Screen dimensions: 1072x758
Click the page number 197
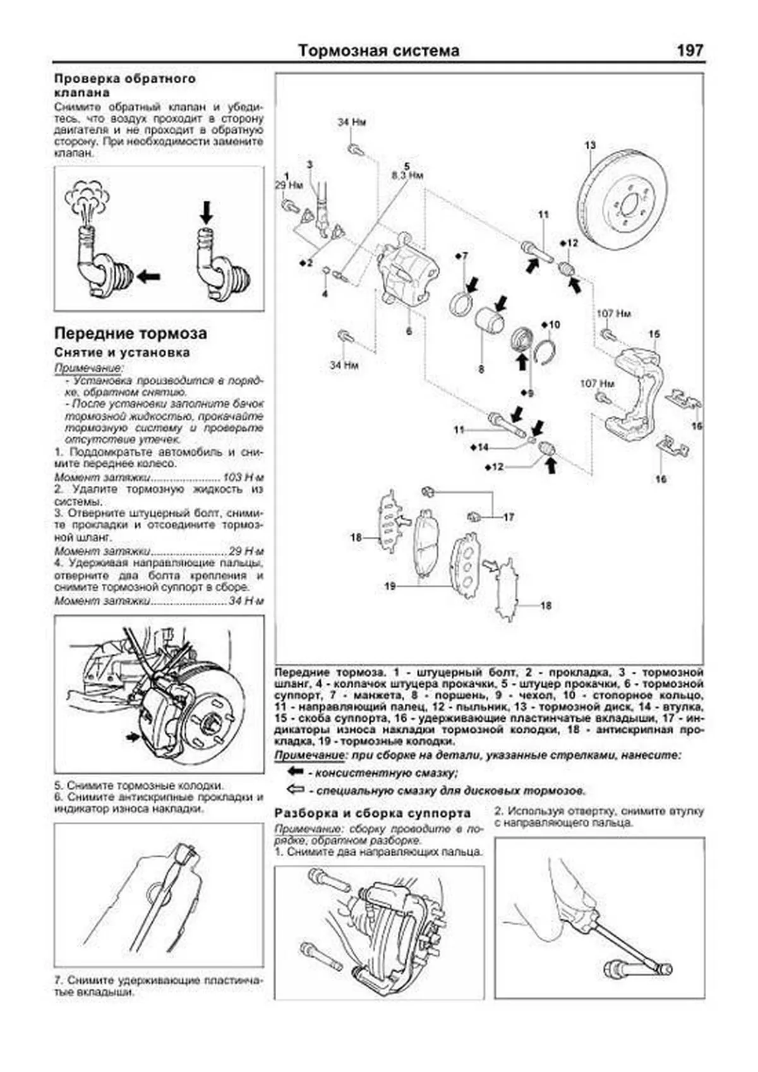point(689,51)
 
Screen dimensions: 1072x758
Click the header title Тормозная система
point(378,51)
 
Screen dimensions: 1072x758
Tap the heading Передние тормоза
point(130,333)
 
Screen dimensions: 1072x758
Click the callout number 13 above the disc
point(589,146)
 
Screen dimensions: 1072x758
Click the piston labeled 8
point(489,322)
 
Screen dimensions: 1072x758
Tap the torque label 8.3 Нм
point(407,176)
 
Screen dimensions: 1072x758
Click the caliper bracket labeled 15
point(635,392)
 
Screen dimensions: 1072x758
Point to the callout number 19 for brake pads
point(390,586)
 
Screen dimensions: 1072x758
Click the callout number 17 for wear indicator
point(509,517)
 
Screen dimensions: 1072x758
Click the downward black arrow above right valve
point(205,213)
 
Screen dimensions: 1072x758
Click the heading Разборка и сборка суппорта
point(373,813)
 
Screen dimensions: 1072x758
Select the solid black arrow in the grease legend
point(295,771)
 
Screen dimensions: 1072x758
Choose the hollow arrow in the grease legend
point(295,789)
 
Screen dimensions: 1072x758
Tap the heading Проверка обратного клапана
point(125,85)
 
